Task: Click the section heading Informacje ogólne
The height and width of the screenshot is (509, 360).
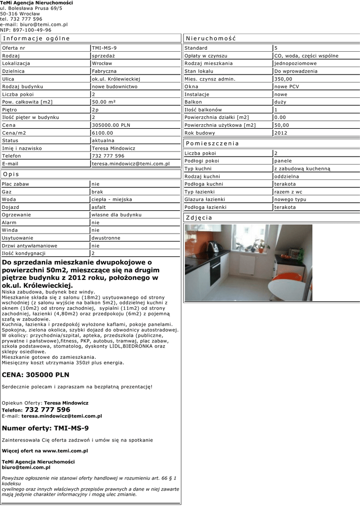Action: pos(36,38)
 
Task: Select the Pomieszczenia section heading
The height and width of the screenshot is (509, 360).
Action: pos(212,143)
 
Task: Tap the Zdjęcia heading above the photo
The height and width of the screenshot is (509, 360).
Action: pos(199,218)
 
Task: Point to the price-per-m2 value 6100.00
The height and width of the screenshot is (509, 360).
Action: pos(103,133)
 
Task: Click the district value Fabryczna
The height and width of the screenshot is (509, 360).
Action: pos(105,71)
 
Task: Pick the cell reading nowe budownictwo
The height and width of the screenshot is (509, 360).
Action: pos(115,86)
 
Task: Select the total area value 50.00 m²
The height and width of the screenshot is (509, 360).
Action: pos(104,102)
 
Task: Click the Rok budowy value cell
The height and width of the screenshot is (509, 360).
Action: pos(281,133)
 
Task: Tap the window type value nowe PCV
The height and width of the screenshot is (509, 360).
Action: pos(287,86)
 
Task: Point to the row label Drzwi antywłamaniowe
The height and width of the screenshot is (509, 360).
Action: pos(30,246)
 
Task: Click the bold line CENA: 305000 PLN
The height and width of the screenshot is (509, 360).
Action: pos(36,375)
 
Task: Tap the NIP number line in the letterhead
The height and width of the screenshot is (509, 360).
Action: pos(25,30)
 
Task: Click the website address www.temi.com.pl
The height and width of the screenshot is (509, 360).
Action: pos(65,451)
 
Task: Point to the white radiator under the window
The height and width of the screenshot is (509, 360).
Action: pos(247,263)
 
